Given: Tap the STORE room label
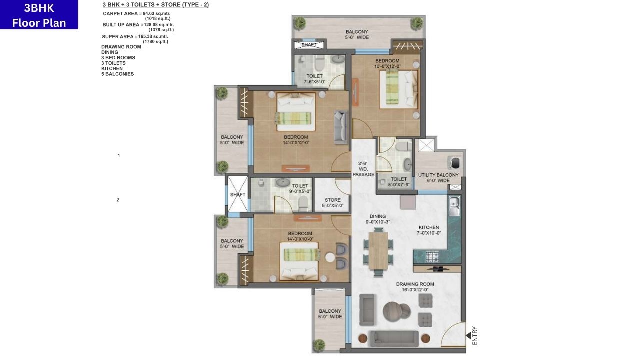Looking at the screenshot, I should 332,203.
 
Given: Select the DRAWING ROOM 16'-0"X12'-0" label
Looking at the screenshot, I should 415,287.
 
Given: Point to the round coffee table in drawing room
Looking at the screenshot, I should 396,311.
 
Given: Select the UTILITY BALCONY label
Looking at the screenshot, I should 438,178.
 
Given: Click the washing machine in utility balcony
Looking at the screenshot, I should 455,163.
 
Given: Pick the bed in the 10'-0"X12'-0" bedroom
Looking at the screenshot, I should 398,89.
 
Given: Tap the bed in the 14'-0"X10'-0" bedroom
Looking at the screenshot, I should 301,261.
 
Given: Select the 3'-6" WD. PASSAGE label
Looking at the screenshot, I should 363,169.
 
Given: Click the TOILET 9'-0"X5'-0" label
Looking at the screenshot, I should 300,188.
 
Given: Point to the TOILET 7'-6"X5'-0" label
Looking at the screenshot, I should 315,79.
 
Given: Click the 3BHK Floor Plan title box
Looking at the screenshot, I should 39,15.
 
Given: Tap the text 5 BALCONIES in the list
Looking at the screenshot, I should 117,74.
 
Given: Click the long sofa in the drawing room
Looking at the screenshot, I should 394,338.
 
